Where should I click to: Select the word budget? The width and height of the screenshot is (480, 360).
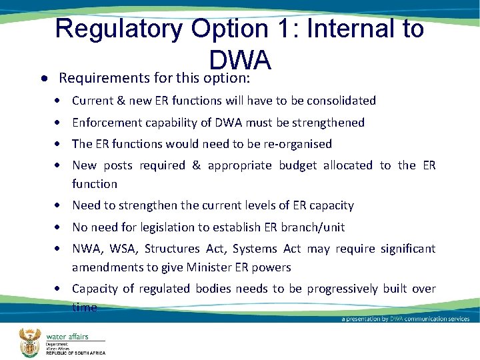297,165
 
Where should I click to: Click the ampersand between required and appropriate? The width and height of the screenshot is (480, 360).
196,165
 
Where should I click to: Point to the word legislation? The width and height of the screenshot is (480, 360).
176,227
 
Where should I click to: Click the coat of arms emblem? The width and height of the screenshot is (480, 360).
29,341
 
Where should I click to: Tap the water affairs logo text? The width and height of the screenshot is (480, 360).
67,337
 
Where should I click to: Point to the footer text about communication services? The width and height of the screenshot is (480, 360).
405,319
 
